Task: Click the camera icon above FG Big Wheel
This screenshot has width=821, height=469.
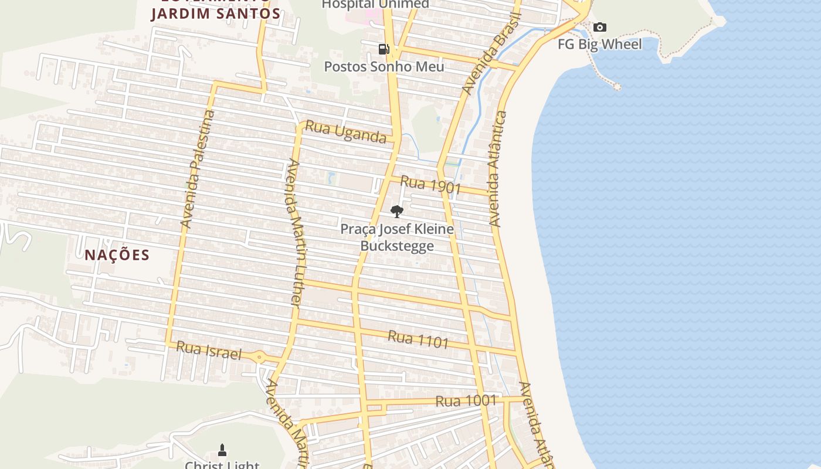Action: [599, 27]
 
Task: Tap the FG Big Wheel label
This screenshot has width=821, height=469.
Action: [599, 44]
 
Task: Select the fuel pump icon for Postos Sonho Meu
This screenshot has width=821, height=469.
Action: [384, 49]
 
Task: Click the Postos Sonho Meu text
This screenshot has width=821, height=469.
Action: [384, 66]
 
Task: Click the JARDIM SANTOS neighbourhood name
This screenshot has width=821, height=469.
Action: [215, 13]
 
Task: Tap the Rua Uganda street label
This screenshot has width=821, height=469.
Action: [345, 132]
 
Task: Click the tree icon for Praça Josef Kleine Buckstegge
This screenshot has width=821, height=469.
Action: [397, 212]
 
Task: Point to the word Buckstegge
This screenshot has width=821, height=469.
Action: [397, 245]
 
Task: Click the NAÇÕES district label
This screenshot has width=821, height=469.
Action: [117, 255]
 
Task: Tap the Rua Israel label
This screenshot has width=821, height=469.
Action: [209, 351]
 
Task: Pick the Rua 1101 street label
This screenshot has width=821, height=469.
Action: [418, 339]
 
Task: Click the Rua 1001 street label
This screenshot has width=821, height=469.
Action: [466, 401]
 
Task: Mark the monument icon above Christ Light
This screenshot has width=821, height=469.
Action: [222, 450]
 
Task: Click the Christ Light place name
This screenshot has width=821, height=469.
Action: [222, 465]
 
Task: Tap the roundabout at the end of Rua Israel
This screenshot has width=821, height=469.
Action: [259, 356]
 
